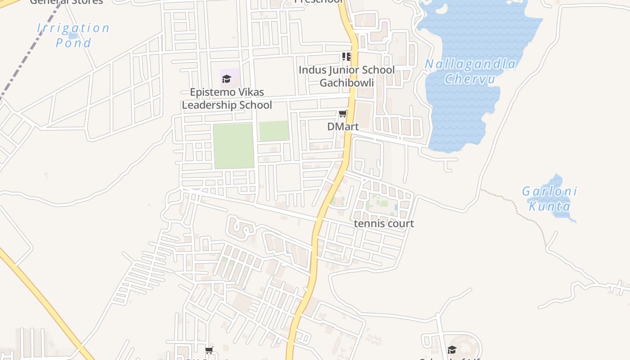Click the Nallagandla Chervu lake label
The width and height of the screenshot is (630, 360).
[x=470, y=71]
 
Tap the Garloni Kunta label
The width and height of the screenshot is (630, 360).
[x=549, y=199]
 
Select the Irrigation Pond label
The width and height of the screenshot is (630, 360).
[x=73, y=35]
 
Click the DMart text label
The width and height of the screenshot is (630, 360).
[x=343, y=127]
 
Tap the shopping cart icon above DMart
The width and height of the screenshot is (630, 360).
[x=343, y=114]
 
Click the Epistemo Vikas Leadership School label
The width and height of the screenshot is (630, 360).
[x=227, y=99]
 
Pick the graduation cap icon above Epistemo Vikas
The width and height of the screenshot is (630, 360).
[x=227, y=79]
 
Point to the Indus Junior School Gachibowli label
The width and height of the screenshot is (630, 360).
[x=346, y=76]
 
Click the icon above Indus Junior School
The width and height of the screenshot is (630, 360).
[x=346, y=57]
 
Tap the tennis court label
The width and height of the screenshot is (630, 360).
[x=384, y=224]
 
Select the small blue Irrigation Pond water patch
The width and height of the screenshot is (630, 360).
[x=73, y=36]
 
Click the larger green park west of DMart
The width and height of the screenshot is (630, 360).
[x=234, y=145]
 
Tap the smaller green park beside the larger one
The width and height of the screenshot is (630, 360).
[x=274, y=131]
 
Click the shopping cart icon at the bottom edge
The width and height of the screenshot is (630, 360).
[x=209, y=350]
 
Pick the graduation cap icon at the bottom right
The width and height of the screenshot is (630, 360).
[x=452, y=350]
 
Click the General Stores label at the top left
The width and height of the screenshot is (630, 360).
[x=66, y=2]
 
